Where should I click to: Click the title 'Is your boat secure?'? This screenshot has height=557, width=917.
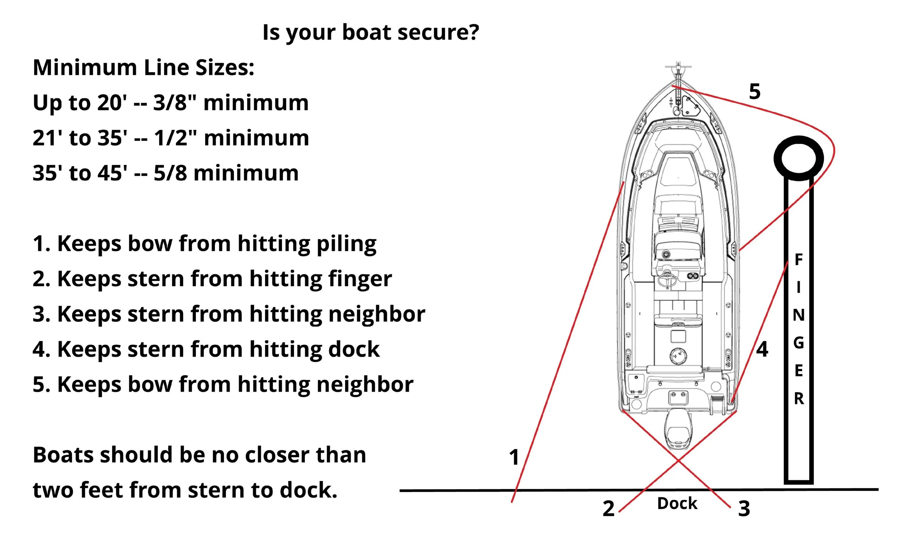[x=371, y=32]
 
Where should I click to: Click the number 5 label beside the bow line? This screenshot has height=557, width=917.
[x=755, y=92]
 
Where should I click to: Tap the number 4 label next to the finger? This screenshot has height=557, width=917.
[x=762, y=349]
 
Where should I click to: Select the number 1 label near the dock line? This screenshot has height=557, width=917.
[x=514, y=457]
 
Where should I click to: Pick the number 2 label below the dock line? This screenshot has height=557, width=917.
[x=609, y=509]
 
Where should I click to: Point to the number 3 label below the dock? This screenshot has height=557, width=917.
[x=744, y=509]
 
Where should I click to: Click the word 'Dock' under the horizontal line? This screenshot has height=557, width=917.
[x=677, y=503]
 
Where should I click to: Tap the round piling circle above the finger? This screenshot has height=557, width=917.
[x=798, y=158]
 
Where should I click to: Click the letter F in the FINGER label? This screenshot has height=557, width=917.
[x=798, y=260]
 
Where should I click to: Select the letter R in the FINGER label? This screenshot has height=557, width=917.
[x=799, y=399]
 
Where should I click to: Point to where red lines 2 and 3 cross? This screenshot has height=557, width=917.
[x=679, y=461]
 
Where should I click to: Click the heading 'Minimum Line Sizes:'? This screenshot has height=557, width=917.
[x=143, y=68]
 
